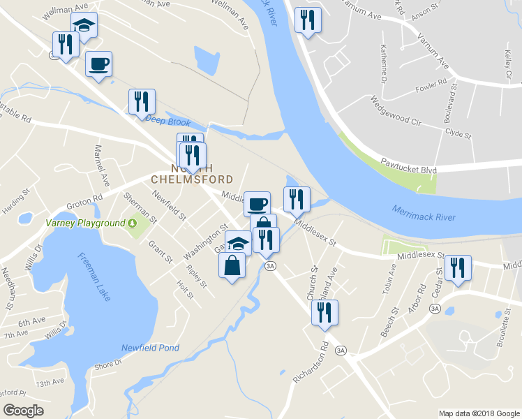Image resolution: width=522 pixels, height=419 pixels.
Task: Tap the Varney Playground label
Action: click(85, 223)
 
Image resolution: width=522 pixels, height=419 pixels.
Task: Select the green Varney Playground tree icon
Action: click(133, 223)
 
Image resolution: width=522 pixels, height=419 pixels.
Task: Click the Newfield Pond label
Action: click(150, 348)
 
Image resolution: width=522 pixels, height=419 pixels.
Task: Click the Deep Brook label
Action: click(167, 119)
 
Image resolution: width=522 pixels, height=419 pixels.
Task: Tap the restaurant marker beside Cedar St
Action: click(458, 268)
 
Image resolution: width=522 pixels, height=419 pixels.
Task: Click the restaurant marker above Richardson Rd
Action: click(325, 313)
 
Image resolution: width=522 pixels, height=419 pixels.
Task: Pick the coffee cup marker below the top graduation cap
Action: click(98, 64)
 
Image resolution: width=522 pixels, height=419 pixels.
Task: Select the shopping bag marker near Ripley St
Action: click(232, 265)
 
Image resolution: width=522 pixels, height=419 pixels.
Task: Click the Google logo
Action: click(24, 410)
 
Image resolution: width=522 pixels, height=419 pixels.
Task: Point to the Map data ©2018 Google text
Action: click(479, 413)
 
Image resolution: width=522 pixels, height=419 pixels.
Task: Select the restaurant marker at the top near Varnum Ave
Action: click(307, 20)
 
